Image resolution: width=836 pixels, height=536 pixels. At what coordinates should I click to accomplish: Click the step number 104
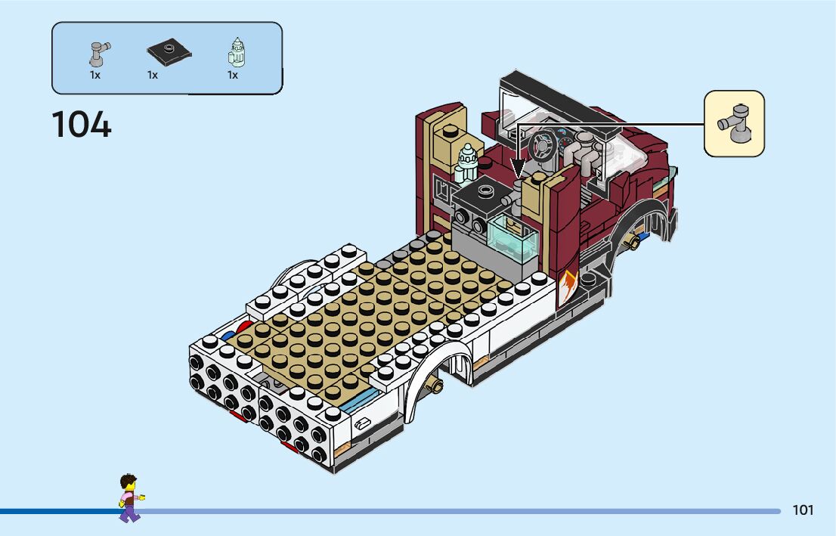tap(82, 125)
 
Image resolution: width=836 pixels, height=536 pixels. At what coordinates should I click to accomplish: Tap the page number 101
tap(803, 510)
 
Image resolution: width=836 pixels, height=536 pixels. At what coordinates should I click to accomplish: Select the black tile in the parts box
tap(169, 51)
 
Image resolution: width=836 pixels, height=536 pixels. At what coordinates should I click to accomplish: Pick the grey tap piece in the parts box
tap(99, 54)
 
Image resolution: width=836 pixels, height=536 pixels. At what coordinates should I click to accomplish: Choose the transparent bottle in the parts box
tap(237, 52)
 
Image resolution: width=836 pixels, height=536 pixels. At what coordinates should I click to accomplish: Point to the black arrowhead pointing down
tap(519, 169)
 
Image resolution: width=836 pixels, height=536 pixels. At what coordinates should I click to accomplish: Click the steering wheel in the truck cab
tap(543, 145)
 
